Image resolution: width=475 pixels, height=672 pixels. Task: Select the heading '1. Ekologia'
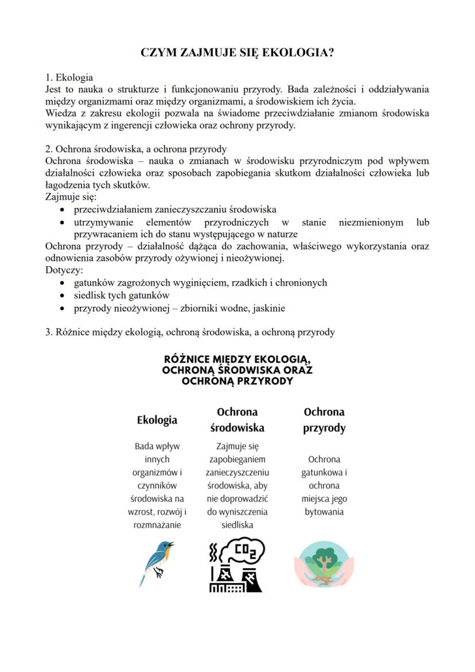point(69,77)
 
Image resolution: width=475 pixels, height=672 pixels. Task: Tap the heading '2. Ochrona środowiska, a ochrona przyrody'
point(136,149)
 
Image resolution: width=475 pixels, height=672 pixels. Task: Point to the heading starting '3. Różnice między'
point(190,332)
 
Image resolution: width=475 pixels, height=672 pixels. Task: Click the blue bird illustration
point(157,562)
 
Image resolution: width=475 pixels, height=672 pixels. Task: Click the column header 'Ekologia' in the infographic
point(157,420)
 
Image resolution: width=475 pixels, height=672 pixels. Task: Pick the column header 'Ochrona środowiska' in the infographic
point(237,420)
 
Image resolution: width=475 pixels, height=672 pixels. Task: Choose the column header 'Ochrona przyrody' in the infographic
point(324,420)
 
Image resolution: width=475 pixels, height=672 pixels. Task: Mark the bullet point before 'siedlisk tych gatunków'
point(62,296)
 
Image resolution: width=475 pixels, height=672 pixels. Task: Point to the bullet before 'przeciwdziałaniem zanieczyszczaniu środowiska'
point(62,210)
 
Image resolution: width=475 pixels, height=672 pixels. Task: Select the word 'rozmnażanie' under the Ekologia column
point(157,525)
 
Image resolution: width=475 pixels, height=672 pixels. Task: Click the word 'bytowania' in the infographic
point(324,512)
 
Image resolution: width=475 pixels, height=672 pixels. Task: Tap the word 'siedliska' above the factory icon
point(237,525)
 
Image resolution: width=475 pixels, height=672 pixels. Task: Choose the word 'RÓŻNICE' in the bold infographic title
point(188,359)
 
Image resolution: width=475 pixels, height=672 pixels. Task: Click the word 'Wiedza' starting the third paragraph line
point(59,113)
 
